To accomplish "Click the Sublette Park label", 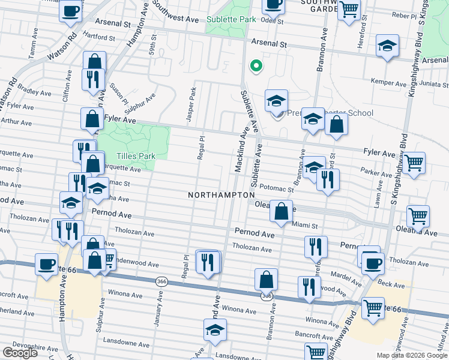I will pyautogui.click(x=231, y=19).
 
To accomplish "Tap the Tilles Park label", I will pyautogui.click(x=136, y=156).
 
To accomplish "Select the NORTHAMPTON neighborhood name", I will pyautogui.click(x=221, y=196).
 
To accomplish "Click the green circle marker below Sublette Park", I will pyautogui.click(x=256, y=66).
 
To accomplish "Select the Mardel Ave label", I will pyautogui.click(x=344, y=278).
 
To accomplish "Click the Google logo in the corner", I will pyautogui.click(x=20, y=353).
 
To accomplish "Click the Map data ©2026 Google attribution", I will pyautogui.click(x=411, y=355).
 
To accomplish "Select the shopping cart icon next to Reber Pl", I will pyautogui.click(x=349, y=10).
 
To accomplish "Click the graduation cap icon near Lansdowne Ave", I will pyautogui.click(x=215, y=331).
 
